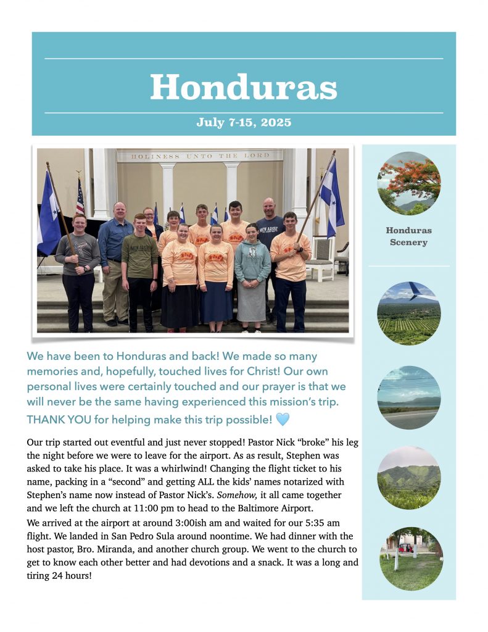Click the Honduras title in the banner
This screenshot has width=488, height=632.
click(244, 87)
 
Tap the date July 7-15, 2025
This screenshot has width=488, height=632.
click(244, 122)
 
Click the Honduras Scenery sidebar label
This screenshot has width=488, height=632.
click(408, 236)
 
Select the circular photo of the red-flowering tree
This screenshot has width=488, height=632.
click(408, 183)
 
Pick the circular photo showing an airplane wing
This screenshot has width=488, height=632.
click(408, 313)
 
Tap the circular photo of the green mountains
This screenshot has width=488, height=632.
click(408, 478)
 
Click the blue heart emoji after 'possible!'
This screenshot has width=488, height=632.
click(283, 420)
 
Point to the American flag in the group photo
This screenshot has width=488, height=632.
click(80, 196)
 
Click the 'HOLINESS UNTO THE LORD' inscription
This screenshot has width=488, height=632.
click(200, 156)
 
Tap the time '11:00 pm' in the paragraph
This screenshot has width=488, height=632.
click(162, 509)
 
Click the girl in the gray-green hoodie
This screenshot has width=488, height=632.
click(252, 272)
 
